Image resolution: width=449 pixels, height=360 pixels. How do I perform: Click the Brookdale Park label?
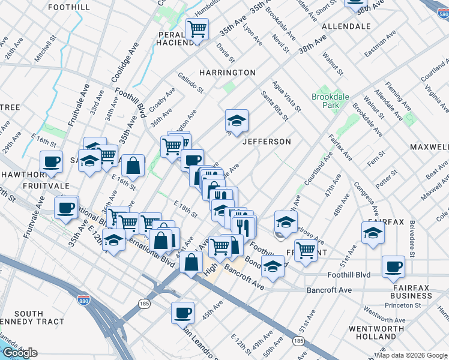click(326, 100)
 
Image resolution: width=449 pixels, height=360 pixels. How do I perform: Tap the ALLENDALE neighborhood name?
click(346, 26)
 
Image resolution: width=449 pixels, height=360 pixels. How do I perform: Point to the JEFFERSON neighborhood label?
click(267, 142)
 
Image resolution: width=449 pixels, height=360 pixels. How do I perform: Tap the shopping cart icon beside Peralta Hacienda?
click(197, 29)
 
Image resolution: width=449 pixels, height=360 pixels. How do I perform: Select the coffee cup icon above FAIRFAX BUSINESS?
click(394, 266)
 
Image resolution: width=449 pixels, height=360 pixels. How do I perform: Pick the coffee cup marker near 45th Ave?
click(183, 312)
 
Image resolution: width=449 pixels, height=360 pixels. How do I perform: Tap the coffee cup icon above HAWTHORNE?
click(52, 161)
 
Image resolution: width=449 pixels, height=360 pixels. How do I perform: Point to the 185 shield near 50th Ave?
click(298, 341)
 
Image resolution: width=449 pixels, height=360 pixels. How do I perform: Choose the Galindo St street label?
click(191, 82)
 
